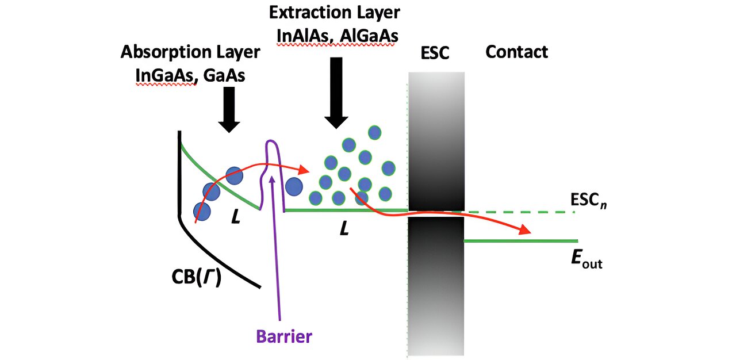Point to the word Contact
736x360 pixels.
click(516, 52)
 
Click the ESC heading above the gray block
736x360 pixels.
click(434, 53)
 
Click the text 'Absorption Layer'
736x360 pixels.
click(190, 52)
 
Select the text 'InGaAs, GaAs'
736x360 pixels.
click(190, 75)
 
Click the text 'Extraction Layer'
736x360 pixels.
click(334, 12)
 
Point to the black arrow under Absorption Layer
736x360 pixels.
click(229, 109)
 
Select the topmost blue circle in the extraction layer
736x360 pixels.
click(375, 132)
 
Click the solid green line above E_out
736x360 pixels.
click(520, 240)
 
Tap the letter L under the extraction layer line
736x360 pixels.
click(344, 229)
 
